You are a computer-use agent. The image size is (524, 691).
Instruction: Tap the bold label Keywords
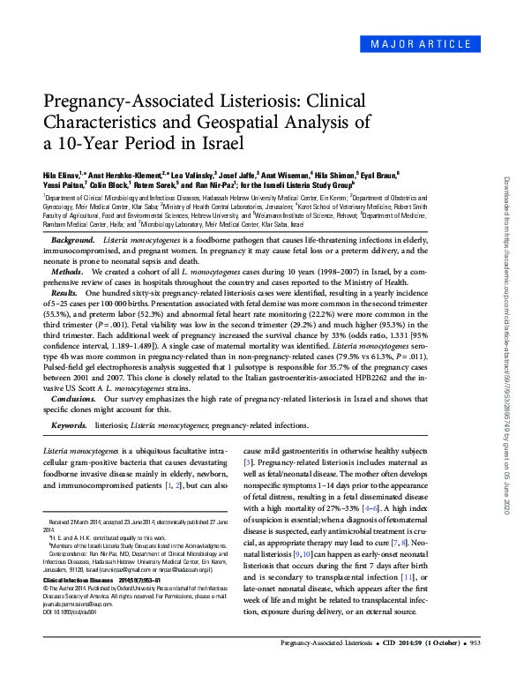pyautogui.click(x=69, y=425)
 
